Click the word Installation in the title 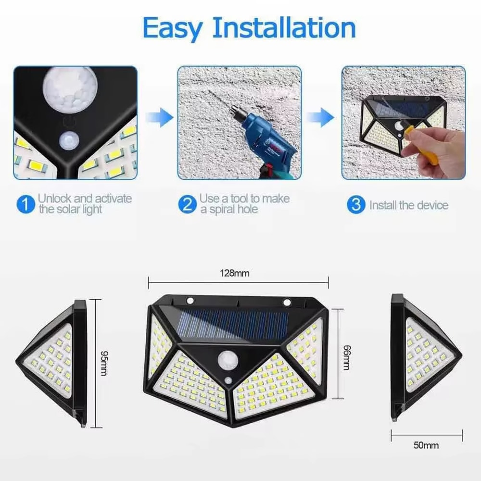[x=284, y=28]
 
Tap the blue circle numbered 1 [x=25, y=204]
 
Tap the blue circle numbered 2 [x=187, y=204]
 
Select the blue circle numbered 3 [x=355, y=204]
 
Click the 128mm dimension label [x=235, y=273]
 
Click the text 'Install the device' [x=408, y=205]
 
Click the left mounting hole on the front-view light [x=190, y=301]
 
